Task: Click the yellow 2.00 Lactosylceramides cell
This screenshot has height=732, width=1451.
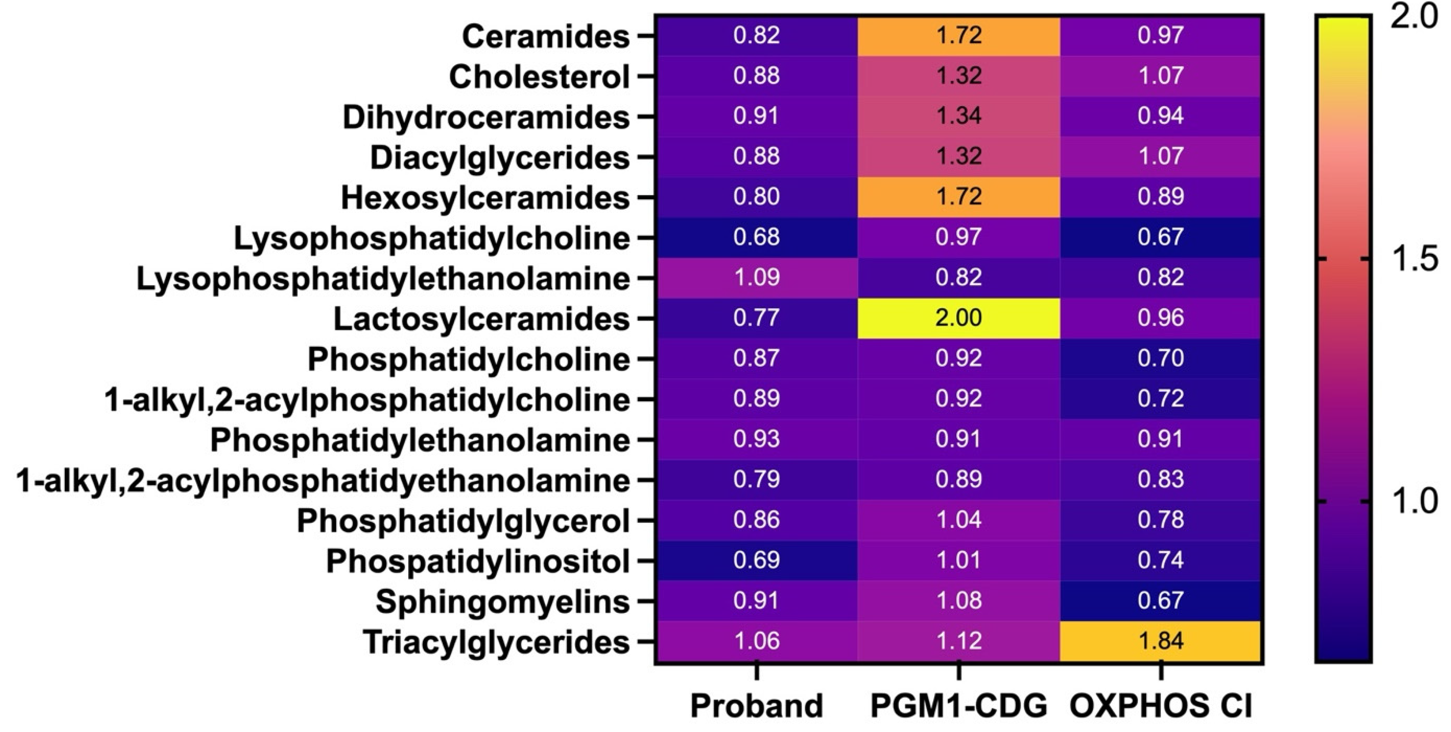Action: point(958,318)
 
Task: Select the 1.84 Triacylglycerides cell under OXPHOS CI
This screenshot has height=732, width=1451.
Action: point(1160,641)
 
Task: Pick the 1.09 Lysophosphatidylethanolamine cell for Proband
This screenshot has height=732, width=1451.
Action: point(757,277)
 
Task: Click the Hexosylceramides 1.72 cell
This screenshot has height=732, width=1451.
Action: point(958,197)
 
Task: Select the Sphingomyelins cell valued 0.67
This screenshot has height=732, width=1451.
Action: point(1160,600)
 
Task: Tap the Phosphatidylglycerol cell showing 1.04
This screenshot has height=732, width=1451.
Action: point(958,520)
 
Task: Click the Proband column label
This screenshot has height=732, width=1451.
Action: point(757,706)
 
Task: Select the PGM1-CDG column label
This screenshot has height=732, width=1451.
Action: point(958,706)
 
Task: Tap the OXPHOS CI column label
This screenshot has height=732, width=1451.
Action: point(1160,706)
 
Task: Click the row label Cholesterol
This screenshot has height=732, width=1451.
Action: point(539,77)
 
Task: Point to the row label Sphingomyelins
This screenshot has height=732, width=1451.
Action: point(502,601)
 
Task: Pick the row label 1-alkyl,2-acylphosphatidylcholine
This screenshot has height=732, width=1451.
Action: point(367,400)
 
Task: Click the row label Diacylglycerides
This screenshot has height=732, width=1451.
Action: point(500,158)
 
